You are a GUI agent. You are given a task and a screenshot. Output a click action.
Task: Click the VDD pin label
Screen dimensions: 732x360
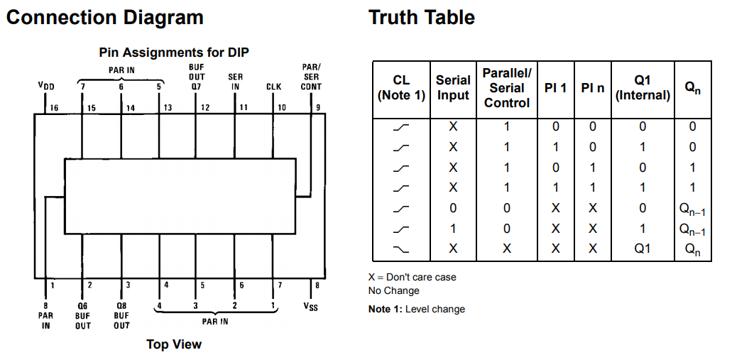[x=46, y=87]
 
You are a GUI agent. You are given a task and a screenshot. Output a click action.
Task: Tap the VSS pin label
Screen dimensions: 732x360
[x=310, y=307]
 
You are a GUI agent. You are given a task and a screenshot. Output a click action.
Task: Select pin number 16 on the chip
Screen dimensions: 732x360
[x=54, y=109]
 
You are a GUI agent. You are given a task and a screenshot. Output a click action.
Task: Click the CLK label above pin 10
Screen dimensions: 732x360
[x=273, y=87]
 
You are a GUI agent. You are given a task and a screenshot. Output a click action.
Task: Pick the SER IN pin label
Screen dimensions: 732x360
[x=235, y=81]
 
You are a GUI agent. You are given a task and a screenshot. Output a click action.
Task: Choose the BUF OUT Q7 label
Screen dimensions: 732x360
[x=197, y=77]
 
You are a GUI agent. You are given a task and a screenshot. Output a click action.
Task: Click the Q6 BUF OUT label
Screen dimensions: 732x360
[x=82, y=315]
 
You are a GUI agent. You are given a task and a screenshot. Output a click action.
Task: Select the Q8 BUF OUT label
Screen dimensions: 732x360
[x=121, y=315]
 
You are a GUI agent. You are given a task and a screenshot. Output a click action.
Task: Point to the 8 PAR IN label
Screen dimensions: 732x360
[x=45, y=315]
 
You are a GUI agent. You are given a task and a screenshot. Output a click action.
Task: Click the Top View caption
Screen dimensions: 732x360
[x=174, y=344]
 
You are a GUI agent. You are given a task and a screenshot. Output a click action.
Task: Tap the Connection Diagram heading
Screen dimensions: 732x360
[x=105, y=18]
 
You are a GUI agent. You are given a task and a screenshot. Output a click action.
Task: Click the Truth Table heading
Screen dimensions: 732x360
[x=422, y=18]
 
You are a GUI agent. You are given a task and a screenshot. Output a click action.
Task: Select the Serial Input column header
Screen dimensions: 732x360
[x=453, y=87]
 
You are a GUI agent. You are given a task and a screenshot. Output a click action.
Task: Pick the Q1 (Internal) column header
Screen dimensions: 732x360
[x=643, y=88]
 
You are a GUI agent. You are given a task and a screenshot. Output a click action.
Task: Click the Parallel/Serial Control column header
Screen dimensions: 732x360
[x=507, y=88]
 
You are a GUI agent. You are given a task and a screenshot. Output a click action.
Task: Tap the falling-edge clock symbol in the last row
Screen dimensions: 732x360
[x=401, y=249]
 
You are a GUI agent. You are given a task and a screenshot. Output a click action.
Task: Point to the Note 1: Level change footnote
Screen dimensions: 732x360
[x=417, y=309]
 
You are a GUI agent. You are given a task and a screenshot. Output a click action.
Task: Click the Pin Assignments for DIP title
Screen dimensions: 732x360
[x=174, y=53]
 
